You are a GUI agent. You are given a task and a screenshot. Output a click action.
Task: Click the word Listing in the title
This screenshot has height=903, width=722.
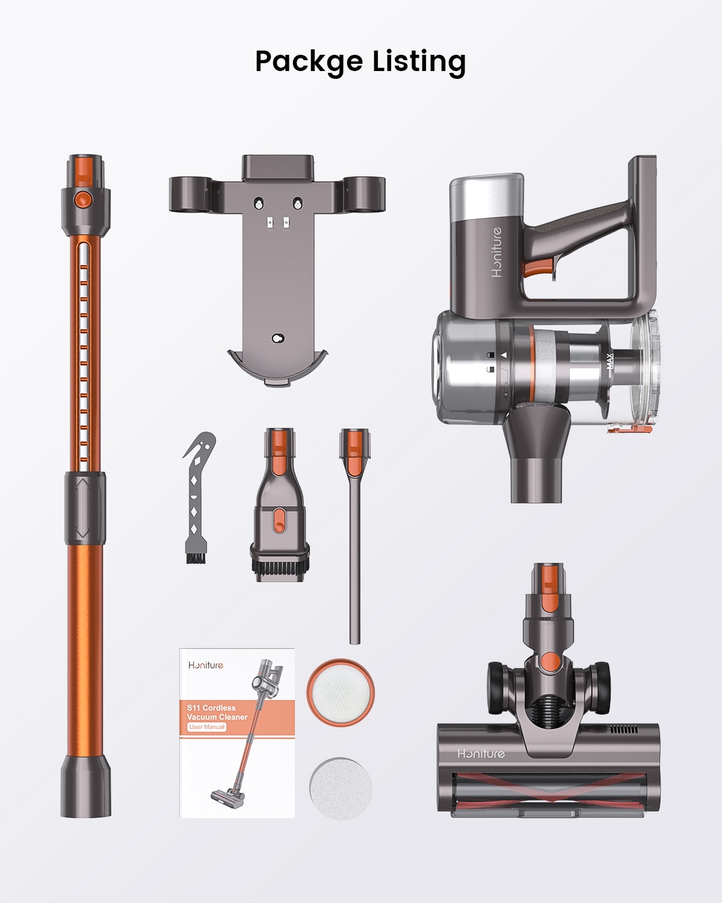pyautogui.click(x=419, y=62)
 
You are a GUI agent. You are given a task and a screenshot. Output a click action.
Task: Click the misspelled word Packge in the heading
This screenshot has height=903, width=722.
pyautogui.click(x=309, y=62)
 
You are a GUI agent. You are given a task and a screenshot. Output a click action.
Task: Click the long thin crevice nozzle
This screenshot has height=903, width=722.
pyautogui.click(x=354, y=536)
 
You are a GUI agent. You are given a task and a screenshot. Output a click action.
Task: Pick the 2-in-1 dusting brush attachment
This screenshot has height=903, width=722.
pyautogui.click(x=280, y=506)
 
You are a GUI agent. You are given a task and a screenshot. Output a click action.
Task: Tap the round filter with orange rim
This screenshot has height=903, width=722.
pyautogui.click(x=341, y=692)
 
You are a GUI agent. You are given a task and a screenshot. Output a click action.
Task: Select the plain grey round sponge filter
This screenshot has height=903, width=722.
pyautogui.click(x=341, y=787)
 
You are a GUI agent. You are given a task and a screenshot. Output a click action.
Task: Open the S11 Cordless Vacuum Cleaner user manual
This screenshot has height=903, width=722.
pyautogui.click(x=237, y=733)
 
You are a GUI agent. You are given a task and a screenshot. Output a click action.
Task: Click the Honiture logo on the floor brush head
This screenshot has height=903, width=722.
pyautogui.click(x=481, y=754)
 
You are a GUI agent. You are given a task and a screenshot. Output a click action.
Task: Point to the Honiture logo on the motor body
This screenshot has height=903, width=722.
pyautogui.click(x=496, y=252)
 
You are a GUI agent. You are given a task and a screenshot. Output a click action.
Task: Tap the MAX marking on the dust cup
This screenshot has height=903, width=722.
pyautogui.click(x=609, y=361)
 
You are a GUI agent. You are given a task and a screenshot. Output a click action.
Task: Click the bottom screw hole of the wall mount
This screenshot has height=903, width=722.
pyautogui.click(x=277, y=338)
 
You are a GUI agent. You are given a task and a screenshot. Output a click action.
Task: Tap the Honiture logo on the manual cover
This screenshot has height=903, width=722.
pyautogui.click(x=206, y=665)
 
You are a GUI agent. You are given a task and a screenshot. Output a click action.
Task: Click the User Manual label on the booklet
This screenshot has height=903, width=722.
pyautogui.click(x=206, y=727)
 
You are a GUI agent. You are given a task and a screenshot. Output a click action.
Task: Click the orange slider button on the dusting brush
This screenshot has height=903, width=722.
pyautogui.click(x=279, y=520)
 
